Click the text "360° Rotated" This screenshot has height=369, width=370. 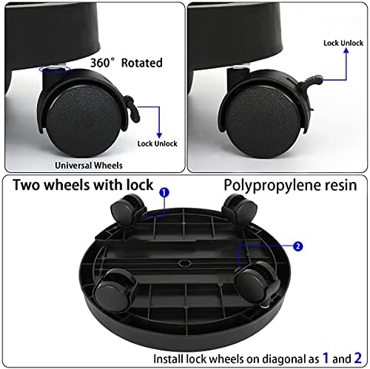point(127,63)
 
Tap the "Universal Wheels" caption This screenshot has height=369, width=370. point(89,166)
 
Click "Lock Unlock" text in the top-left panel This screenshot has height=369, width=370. point(157,143)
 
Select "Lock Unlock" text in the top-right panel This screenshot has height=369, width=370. point(343,43)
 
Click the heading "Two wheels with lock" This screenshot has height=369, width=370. point(83,185)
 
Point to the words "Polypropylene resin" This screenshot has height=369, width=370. point(290,186)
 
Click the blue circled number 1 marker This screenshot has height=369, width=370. point(164,192)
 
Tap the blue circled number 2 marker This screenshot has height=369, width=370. point(298,246)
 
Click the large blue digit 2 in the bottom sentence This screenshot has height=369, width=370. point(358,358)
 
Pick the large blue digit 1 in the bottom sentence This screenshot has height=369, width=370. point(326,358)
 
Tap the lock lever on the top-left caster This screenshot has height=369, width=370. point(130,109)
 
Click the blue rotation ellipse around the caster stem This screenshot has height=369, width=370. point(55,70)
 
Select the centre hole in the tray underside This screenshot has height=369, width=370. point(184,263)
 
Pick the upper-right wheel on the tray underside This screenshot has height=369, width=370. point(240,209)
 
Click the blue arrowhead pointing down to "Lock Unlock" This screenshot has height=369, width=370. point(159,135)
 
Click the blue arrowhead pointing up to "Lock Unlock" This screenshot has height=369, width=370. point(346,51)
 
